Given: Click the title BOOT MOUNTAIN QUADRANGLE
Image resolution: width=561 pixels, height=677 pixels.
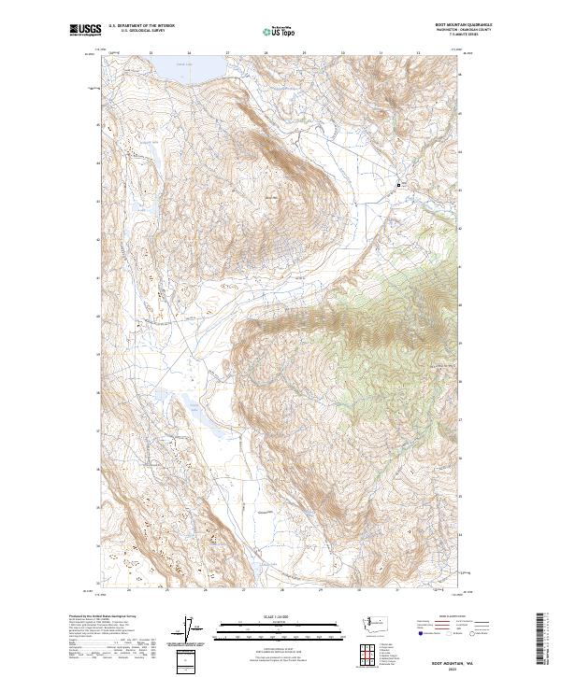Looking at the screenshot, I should point(464,26).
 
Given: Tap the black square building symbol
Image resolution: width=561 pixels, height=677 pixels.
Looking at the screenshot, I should point(399,185).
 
